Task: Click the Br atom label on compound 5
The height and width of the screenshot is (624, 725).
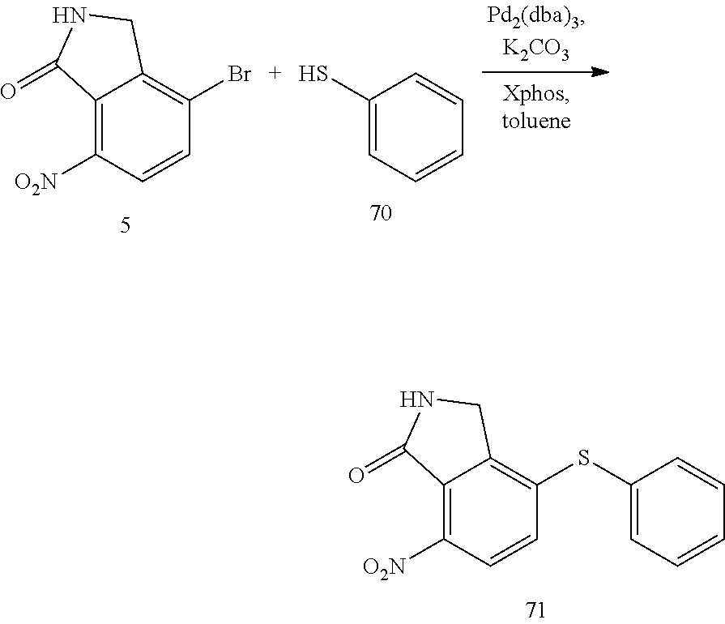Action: pos(238,75)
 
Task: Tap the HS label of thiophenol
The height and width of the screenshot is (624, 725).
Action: pos(313,75)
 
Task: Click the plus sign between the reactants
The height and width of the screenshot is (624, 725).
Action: pos(275,75)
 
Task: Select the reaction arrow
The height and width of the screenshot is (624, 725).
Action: pos(544,72)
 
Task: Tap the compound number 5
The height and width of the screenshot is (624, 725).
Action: pos(125,226)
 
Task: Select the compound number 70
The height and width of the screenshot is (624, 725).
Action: pos(380,216)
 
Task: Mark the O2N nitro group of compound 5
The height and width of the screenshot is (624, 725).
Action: pos(37,183)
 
